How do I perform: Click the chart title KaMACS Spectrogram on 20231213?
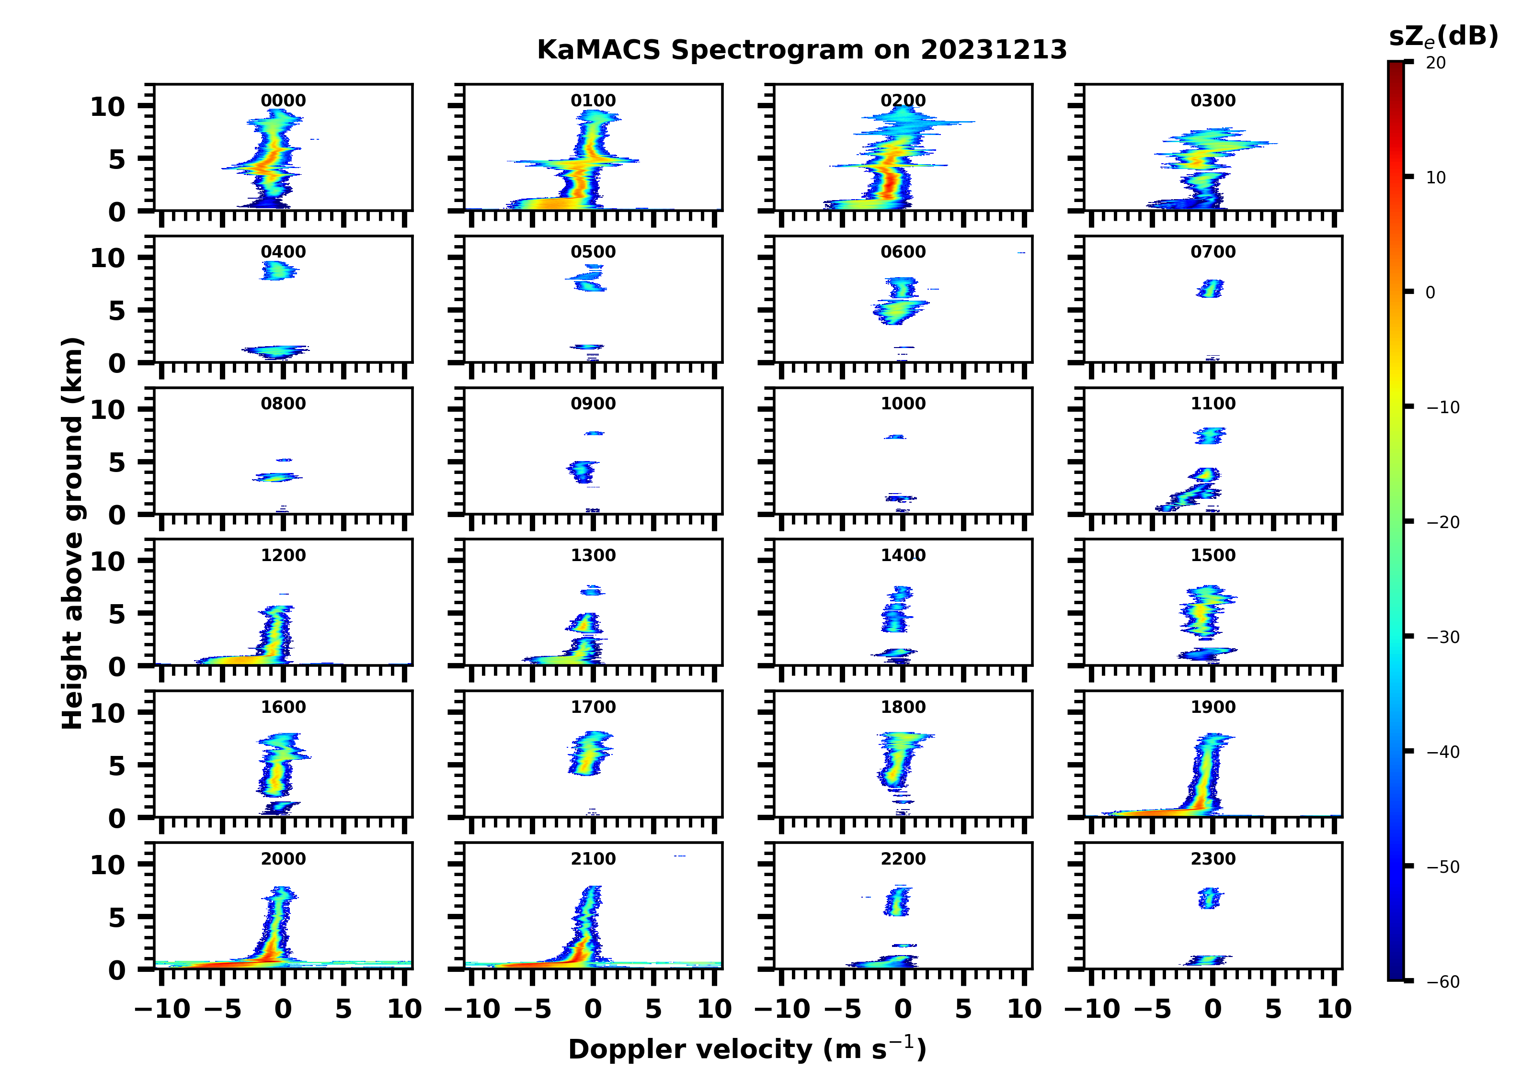pos(801,50)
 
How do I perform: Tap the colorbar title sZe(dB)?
pos(1443,37)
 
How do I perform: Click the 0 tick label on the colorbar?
pos(1430,293)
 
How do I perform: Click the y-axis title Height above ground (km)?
pos(72,533)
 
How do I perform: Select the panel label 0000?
pos(283,101)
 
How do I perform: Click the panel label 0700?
pos(1213,252)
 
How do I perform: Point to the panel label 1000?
pos(903,404)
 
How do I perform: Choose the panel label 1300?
pos(593,555)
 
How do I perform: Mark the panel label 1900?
pos(1213,707)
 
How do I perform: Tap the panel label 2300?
pos(1213,858)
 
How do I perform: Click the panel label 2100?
pos(593,858)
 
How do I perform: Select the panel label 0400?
pos(283,252)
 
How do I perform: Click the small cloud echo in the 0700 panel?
pos(1210,288)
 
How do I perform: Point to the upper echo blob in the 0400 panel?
pos(278,270)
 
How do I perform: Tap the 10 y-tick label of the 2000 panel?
pos(107,865)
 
